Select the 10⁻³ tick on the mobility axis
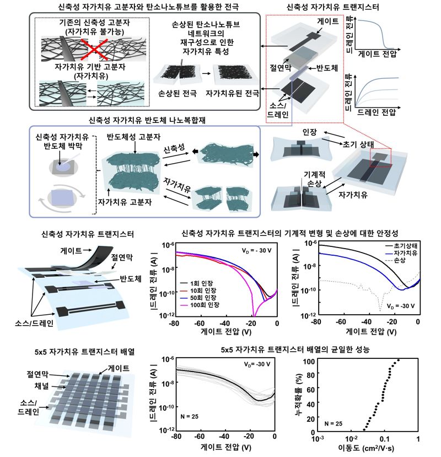(x=316, y=440)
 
